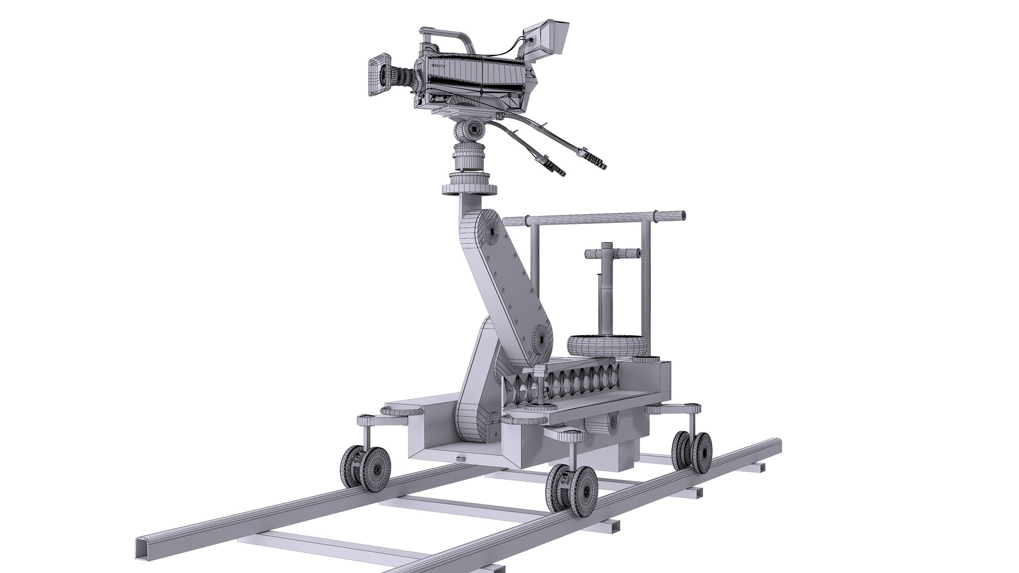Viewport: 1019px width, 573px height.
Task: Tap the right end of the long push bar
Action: pyautogui.click(x=680, y=215)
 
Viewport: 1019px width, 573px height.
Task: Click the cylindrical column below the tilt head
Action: pyautogui.click(x=468, y=158)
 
